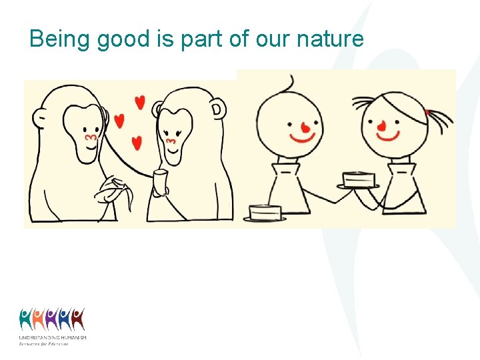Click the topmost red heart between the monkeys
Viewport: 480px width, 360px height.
coord(139,102)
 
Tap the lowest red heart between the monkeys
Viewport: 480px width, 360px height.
coord(137,143)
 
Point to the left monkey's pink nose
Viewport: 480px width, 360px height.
coord(91,137)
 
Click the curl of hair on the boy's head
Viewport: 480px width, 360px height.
coord(289,84)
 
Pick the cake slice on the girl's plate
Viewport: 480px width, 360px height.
coord(358,179)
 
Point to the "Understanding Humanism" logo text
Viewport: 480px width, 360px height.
coord(53,338)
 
